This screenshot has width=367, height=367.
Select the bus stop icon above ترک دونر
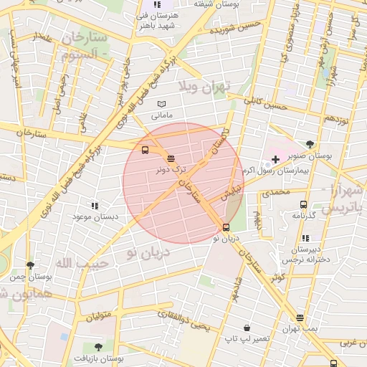tap(171, 158)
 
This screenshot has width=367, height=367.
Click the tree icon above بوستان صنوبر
tap(310, 143)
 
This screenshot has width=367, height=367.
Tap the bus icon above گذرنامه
tap(303, 204)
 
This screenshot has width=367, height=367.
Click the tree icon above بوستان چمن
tap(29, 265)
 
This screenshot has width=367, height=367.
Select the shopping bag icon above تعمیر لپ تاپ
tap(247, 327)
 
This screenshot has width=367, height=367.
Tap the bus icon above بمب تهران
tap(300, 318)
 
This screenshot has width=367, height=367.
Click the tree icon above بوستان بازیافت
tap(98, 347)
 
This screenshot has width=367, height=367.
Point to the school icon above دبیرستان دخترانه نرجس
tap(306, 238)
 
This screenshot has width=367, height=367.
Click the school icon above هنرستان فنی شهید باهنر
tap(158, 5)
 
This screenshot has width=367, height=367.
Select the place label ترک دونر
tap(171, 170)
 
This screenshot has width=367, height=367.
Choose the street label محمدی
tap(275, 192)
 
